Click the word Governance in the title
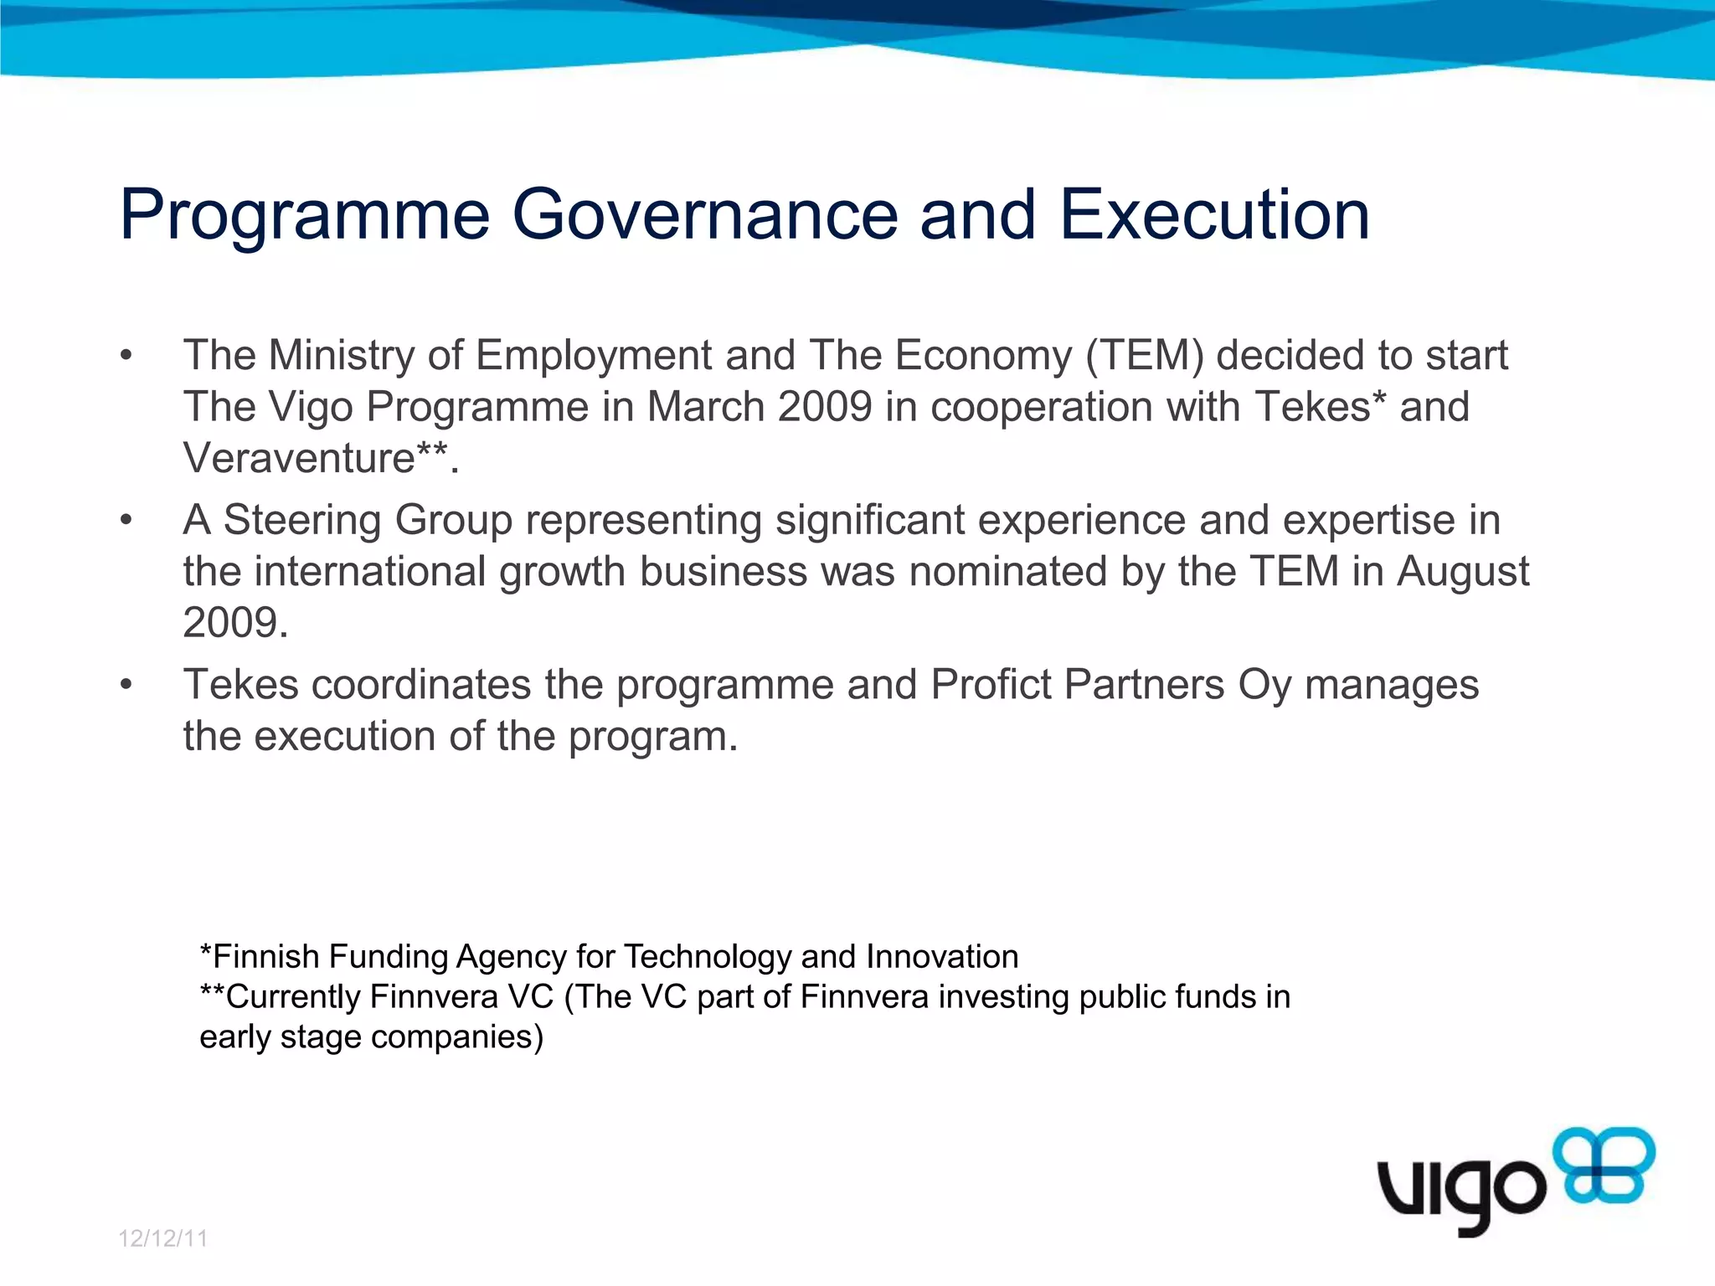(x=704, y=214)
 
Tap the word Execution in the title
(x=1214, y=214)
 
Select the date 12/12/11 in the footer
(x=162, y=1238)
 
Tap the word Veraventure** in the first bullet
(x=315, y=458)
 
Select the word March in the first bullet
(x=705, y=407)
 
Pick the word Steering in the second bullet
(x=302, y=520)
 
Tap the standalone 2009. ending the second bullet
(x=235, y=623)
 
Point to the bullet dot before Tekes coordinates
(x=126, y=685)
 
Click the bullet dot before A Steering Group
(x=126, y=520)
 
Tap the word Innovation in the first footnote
(x=941, y=956)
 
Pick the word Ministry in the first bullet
(x=341, y=356)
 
